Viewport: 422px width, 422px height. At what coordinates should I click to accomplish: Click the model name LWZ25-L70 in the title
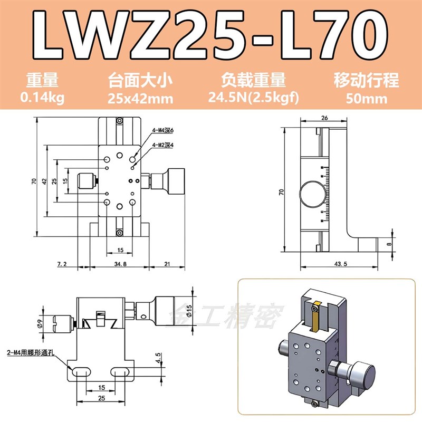[x=211, y=35]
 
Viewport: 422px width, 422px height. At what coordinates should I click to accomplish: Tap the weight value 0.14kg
[x=42, y=98]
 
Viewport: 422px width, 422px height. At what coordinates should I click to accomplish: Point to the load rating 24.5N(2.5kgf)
[x=254, y=98]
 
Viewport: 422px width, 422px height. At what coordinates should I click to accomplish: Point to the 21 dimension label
[x=167, y=263]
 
